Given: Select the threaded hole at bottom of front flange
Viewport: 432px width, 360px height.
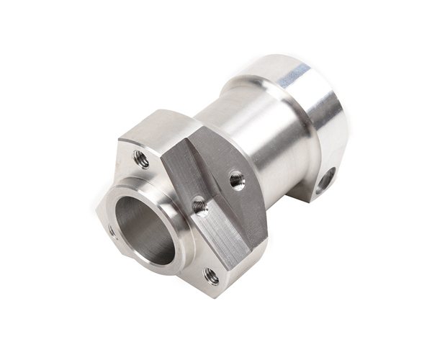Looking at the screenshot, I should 212,274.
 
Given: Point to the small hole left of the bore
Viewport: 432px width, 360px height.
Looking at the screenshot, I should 112,230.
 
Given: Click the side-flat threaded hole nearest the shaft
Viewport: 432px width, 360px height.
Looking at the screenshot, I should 237,179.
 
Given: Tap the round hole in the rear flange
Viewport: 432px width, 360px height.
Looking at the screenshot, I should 325,179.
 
